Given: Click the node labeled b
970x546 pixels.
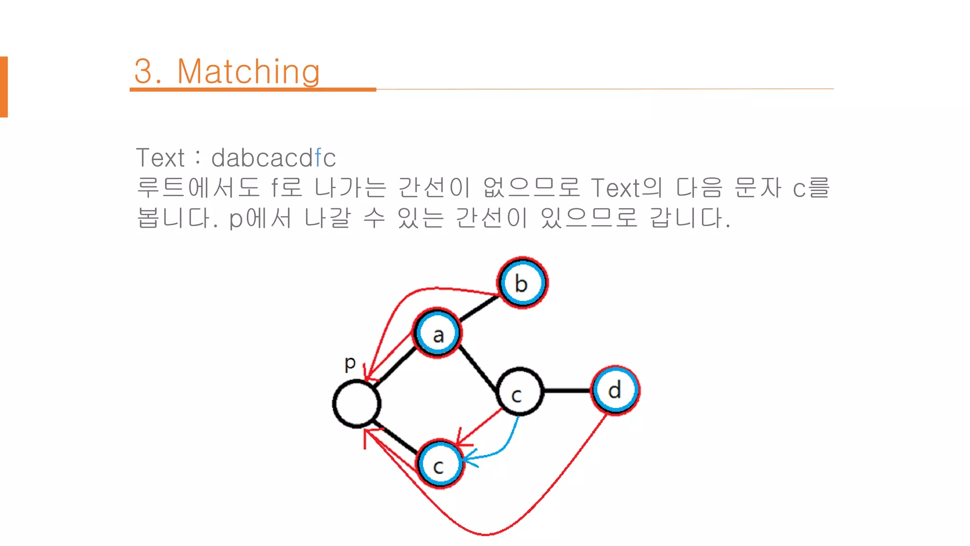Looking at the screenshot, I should [x=522, y=283].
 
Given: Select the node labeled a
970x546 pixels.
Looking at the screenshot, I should [x=437, y=333].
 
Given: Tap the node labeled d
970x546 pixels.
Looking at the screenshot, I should [x=615, y=391].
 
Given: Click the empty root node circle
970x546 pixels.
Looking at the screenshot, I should [x=357, y=404].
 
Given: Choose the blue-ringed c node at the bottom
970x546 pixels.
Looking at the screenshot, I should [x=440, y=464].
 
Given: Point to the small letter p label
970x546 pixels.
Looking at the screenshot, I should [x=350, y=364].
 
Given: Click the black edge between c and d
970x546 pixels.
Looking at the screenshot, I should [x=567, y=391].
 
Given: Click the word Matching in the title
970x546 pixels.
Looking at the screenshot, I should [x=248, y=72].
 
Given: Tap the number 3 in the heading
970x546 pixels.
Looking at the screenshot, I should [x=144, y=72].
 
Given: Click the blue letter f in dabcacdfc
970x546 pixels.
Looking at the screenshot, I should [x=318, y=158].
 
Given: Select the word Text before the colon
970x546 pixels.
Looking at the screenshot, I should [x=160, y=158].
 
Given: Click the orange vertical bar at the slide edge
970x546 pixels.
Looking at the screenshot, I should [x=4, y=87].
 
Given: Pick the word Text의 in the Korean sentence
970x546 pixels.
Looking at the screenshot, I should [x=626, y=188].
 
